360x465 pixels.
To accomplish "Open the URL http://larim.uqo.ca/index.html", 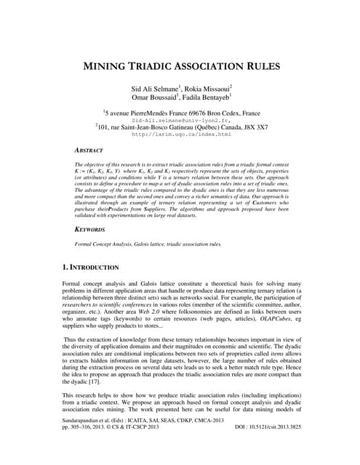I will pos(180,134).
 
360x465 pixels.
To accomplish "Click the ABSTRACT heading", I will pos(91,149).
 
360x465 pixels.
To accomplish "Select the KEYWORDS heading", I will pos(92,228).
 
